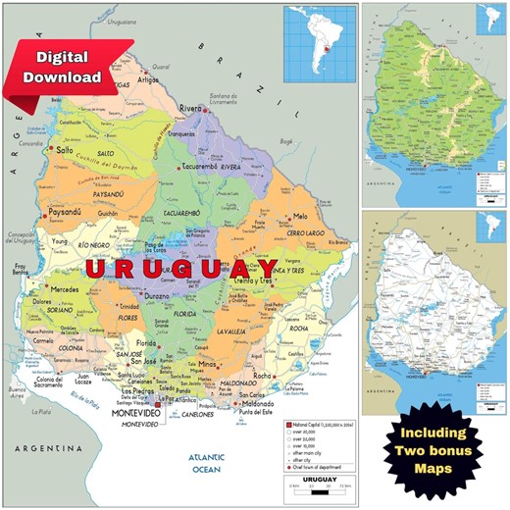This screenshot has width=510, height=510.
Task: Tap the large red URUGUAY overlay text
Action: (x=181, y=269)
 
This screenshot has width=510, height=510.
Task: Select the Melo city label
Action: (x=300, y=216)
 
